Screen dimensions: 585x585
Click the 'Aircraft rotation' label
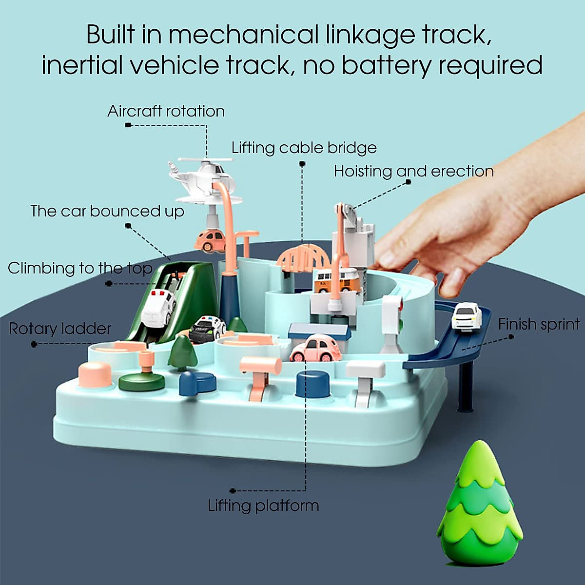tap(166, 111)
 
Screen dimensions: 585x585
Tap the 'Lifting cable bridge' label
tap(304, 147)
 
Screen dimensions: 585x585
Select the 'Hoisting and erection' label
tap(413, 171)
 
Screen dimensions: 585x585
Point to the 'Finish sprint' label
tap(539, 324)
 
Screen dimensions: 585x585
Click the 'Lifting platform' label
tap(263, 505)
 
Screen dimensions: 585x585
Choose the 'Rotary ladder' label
tap(60, 329)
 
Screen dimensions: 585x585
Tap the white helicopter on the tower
tap(205, 178)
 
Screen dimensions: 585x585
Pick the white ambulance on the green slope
tap(158, 307)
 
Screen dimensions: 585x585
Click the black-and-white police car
tap(207, 329)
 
